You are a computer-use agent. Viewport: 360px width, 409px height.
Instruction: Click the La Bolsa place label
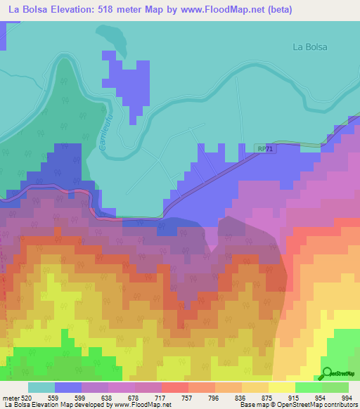[310, 47]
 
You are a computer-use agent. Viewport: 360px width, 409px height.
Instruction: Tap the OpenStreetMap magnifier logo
[327, 374]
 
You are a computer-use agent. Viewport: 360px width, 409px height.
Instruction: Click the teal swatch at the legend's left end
[41, 387]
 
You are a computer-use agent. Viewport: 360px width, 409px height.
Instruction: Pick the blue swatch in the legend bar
[68, 387]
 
